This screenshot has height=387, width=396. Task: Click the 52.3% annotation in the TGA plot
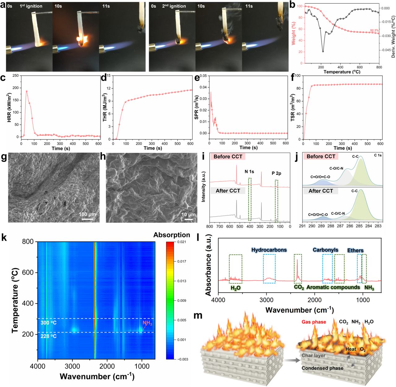click(x=374, y=31)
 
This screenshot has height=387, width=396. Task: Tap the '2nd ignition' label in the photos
click(x=174, y=6)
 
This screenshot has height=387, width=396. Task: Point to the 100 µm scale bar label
click(x=87, y=214)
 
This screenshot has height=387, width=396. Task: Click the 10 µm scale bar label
click(x=188, y=215)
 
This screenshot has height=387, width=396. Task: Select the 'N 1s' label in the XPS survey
click(x=249, y=171)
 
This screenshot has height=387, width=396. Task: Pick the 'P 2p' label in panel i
click(x=276, y=173)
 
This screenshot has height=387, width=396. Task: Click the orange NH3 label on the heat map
click(x=147, y=323)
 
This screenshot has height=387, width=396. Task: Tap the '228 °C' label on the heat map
click(x=49, y=336)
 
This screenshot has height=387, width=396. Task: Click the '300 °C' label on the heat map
click(x=49, y=323)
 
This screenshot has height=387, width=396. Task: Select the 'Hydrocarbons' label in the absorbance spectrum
click(x=269, y=250)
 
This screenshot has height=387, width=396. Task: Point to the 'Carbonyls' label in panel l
click(x=325, y=250)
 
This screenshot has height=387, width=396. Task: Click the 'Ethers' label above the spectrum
click(x=355, y=250)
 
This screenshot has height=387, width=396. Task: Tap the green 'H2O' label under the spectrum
click(x=235, y=288)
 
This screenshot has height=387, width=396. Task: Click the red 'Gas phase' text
click(x=314, y=322)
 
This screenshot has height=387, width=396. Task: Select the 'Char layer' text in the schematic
click(x=313, y=355)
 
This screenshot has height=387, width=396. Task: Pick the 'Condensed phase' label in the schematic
click(x=322, y=368)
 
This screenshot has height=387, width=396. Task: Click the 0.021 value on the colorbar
click(x=182, y=242)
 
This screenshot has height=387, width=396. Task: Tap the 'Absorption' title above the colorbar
click(x=172, y=235)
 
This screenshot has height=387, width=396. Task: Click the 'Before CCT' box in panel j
click(x=321, y=157)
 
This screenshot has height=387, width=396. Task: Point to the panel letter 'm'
click(x=198, y=316)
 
